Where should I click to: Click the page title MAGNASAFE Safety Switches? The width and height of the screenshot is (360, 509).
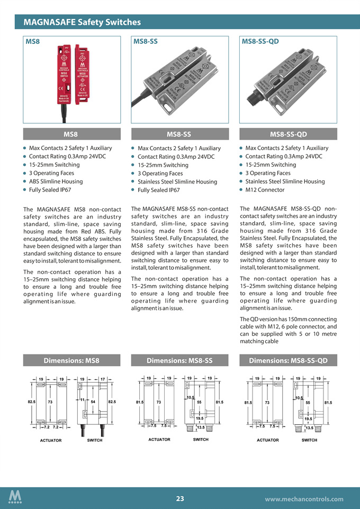click(x=82, y=22)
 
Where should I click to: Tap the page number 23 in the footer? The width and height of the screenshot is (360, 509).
click(x=180, y=498)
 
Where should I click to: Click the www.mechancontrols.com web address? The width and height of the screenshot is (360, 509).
click(x=303, y=499)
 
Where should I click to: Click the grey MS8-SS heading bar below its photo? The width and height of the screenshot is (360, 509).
click(x=179, y=134)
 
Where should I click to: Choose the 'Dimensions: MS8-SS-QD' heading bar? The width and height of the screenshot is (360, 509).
click(x=288, y=361)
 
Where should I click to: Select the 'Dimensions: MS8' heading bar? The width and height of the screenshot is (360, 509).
click(x=71, y=361)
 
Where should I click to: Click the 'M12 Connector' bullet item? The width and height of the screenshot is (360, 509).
click(x=265, y=190)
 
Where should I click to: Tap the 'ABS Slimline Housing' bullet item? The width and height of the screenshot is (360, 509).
click(x=56, y=181)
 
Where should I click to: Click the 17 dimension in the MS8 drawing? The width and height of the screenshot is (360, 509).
click(x=103, y=379)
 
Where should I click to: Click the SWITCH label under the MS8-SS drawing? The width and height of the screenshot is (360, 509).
click(x=201, y=439)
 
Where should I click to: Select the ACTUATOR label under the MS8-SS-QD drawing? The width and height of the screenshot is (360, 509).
click(x=267, y=440)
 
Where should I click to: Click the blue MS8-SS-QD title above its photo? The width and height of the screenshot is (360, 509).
click(x=260, y=41)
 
